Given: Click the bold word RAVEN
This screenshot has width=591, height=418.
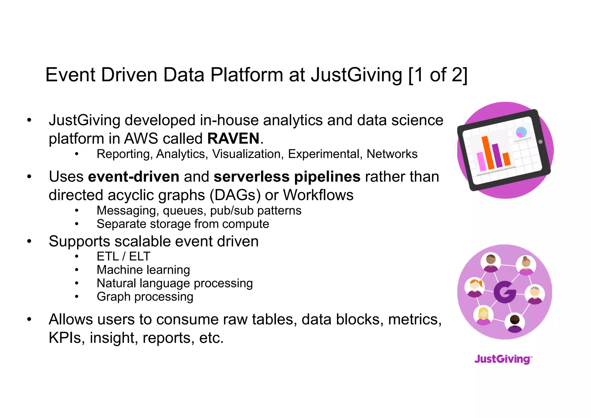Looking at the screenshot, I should click(233, 139).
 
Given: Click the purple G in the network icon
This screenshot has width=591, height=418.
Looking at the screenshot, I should click(504, 292).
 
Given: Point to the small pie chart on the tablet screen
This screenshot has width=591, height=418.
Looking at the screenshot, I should click(521, 133).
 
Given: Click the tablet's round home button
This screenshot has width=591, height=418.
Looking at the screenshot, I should click(540, 142).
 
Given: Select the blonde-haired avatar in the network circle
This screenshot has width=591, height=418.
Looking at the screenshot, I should click(484, 315).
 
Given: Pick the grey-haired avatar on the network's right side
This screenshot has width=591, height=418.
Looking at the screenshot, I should click(535, 294).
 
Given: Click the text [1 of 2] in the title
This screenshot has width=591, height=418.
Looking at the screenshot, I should click(438, 75).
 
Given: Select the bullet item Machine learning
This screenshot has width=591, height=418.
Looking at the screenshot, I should click(143, 270).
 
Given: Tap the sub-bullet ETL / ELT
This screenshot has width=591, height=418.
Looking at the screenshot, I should click(124, 256).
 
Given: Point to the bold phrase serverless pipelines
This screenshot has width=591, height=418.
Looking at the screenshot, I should click(287, 177).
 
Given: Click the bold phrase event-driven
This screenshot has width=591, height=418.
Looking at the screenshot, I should click(134, 177).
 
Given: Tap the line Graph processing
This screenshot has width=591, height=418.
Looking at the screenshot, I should click(145, 297).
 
